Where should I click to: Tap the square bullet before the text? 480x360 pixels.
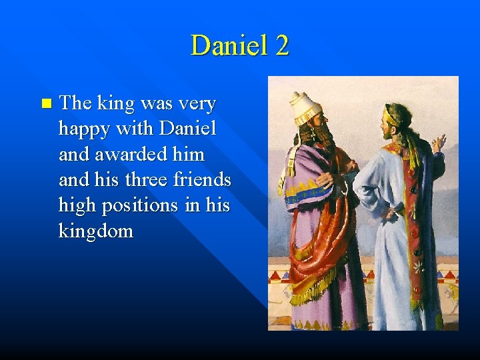click(45, 103)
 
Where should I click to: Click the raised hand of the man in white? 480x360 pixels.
click(438, 143)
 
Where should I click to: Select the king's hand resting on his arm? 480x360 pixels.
click(324, 179)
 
